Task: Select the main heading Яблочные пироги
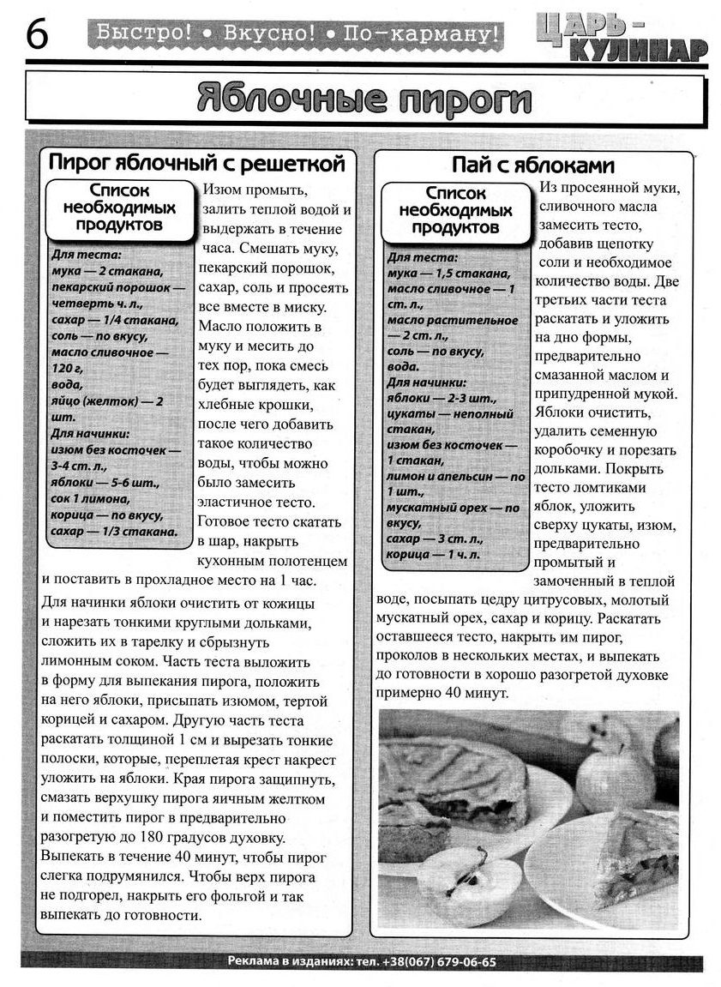point(364,99)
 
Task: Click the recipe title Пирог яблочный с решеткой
point(196,163)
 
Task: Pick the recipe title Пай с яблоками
point(533,165)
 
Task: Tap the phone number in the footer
point(440,961)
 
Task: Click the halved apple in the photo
point(467,883)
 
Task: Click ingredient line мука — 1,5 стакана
point(448,274)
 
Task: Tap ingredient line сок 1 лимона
point(91,498)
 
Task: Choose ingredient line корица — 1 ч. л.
point(434,555)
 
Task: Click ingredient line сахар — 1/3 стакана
point(114,532)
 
